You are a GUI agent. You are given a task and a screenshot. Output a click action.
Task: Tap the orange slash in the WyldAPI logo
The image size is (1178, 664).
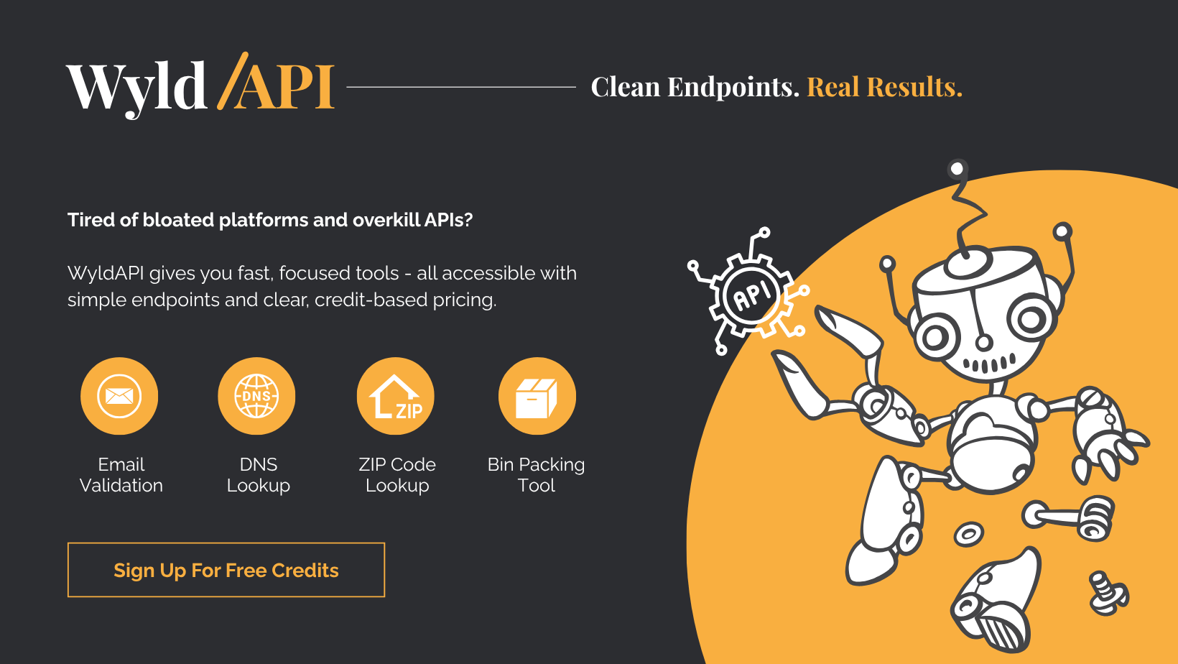232,80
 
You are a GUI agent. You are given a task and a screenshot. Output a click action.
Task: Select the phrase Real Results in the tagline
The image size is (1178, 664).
883,87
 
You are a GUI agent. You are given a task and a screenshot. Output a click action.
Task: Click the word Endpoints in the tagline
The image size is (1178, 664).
733,87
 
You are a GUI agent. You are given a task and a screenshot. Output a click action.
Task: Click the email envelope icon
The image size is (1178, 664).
119,396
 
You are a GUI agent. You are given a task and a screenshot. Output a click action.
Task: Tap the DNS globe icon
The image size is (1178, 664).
256,396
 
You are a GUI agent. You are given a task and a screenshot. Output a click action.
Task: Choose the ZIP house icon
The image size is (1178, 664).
396,396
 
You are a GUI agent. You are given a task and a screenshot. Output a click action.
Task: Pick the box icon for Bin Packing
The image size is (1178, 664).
537,397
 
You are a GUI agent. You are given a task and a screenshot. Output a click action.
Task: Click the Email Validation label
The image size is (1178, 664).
121,475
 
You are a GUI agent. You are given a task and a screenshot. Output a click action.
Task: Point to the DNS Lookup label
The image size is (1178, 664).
259,475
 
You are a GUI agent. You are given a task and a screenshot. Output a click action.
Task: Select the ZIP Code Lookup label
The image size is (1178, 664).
397,475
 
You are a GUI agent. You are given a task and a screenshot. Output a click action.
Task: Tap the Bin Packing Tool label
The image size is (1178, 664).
537,475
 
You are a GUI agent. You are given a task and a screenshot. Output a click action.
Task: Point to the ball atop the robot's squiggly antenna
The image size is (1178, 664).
957,169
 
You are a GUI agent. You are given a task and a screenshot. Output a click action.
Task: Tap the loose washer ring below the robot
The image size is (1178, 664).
968,534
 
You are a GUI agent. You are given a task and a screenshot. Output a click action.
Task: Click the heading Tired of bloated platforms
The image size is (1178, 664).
270,220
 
